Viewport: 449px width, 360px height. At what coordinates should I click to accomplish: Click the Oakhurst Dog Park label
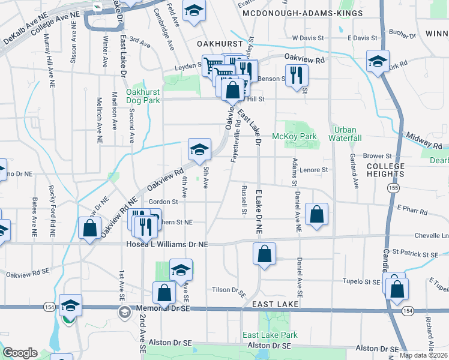pos(143,96)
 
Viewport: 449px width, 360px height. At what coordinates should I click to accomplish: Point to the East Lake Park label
pos(270,335)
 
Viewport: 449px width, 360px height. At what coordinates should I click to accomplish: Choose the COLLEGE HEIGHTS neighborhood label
pos(385,170)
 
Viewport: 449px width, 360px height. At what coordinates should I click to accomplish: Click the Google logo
pos(20,352)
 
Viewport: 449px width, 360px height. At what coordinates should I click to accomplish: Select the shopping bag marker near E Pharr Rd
pos(316,214)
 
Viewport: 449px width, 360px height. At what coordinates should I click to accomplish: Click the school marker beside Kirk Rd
pos(377,62)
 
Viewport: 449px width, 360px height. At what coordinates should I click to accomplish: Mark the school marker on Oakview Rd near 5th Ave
pos(199,149)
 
